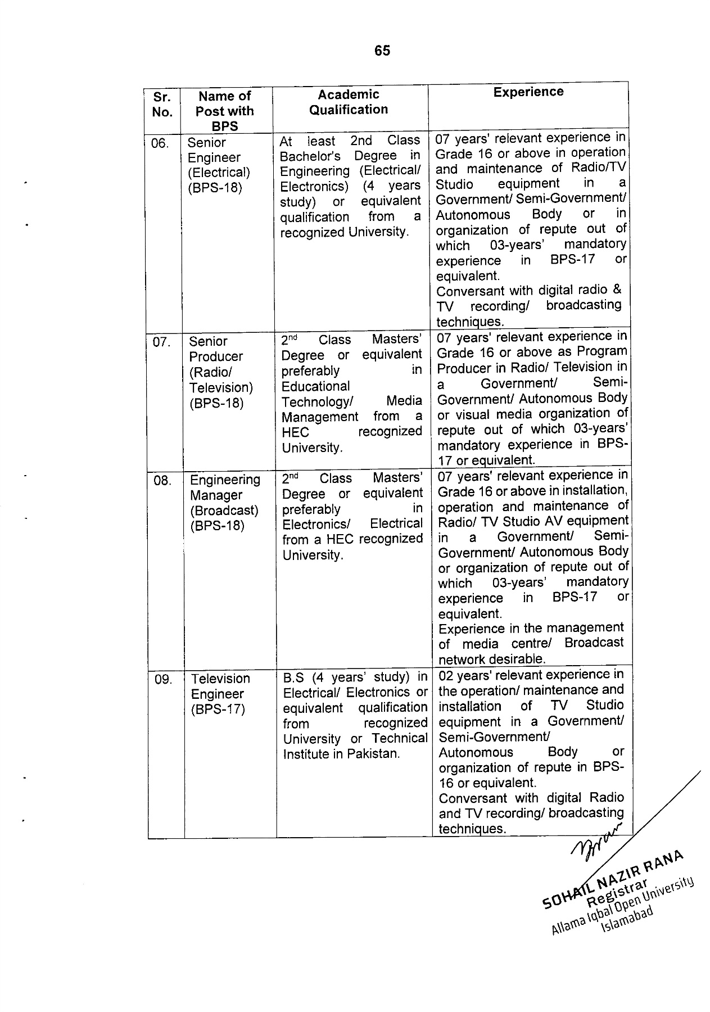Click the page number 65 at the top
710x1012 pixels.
tap(382, 51)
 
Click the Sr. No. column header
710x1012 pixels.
tap(162, 104)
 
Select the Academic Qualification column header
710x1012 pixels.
tap(349, 102)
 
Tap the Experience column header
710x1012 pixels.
tap(528, 92)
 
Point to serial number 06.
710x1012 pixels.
tap(160, 144)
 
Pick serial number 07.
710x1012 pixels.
tap(162, 342)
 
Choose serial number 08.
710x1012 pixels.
tap(162, 481)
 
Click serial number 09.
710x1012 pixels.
tap(164, 680)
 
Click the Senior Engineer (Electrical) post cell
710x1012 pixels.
tap(219, 165)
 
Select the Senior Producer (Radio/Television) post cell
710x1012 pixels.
tap(221, 372)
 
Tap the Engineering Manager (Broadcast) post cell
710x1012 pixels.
tap(224, 503)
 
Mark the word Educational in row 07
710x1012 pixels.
tap(315, 386)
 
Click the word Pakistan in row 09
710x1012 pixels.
tap(373, 754)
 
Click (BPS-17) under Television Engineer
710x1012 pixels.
tap(218, 710)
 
